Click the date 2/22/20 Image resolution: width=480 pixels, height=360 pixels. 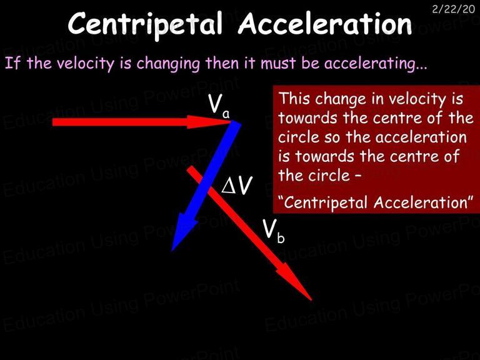[x=453, y=9]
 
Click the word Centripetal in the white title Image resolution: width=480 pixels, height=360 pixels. [x=145, y=24]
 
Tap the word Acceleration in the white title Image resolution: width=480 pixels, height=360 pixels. [x=325, y=23]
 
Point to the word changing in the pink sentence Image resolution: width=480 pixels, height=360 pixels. [x=167, y=64]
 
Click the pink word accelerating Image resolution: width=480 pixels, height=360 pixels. [x=375, y=64]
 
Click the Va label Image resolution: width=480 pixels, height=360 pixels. [x=219, y=106]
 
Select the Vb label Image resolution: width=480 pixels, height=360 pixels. [x=273, y=231]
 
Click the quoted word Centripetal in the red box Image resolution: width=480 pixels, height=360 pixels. [x=324, y=202]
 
